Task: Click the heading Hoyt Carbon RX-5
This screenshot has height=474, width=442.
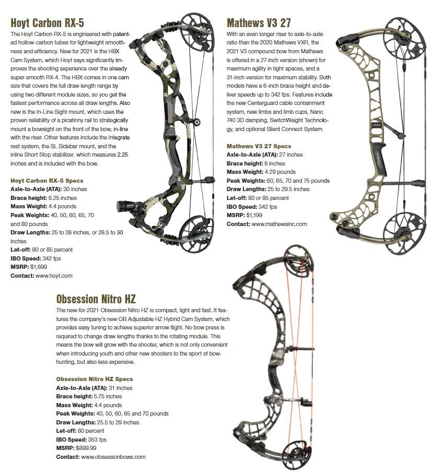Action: pos(47,23)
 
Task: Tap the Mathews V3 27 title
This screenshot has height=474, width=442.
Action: pos(259,23)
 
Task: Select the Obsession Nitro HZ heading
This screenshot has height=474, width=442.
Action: pos(96,299)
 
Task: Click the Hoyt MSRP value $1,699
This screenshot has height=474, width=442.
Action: pos(39,267)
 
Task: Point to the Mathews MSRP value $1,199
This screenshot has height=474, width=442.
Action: pos(254,215)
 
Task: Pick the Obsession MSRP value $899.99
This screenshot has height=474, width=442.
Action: pos(86,448)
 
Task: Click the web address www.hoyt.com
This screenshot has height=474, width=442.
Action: pos(54,276)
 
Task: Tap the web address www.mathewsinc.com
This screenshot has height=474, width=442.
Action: pos(279,224)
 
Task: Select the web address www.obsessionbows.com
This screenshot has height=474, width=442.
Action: pos(113,457)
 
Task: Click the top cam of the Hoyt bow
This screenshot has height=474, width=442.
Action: pos(196,29)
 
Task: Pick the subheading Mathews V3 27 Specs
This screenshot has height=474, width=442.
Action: pos(259,146)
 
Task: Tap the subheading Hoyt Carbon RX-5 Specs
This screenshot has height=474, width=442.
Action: pos(47,181)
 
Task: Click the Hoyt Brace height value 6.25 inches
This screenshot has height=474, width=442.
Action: pos(63,198)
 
